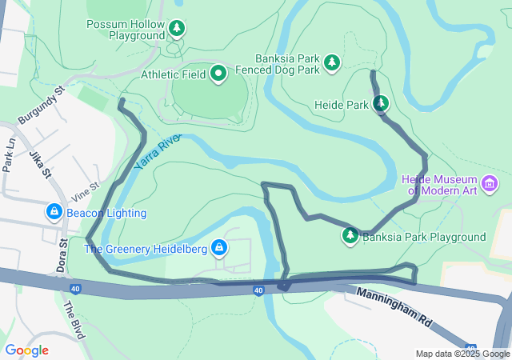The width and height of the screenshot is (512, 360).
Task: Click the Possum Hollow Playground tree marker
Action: [x=177, y=30]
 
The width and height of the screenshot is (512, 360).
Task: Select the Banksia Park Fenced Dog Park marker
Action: [x=332, y=62]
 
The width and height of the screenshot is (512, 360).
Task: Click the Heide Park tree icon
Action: [x=381, y=104]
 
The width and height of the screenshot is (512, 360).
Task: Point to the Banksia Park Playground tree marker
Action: [x=350, y=236]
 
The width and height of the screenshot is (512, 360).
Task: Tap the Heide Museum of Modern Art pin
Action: [x=491, y=186]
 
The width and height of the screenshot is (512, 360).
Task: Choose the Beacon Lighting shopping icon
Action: [x=54, y=213]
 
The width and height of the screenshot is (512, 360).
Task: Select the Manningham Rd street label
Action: [x=395, y=307]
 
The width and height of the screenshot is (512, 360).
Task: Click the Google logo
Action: [x=26, y=350]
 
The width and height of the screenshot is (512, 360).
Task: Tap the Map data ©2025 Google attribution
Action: [x=462, y=354]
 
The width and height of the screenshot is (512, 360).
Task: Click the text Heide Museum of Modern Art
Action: [x=440, y=186]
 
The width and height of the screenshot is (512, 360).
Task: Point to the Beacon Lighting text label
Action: [x=106, y=214]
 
